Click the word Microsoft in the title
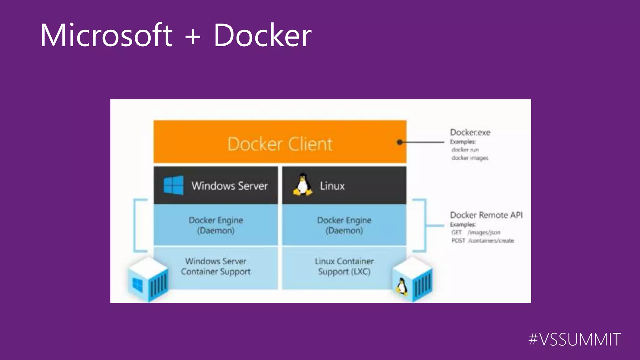click(x=106, y=35)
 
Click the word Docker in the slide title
click(x=262, y=35)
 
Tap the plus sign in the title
click(x=193, y=36)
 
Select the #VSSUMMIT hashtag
click(x=574, y=339)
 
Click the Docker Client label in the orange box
click(x=280, y=144)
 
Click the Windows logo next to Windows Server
click(x=173, y=185)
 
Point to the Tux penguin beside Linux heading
click(x=302, y=185)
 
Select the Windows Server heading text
click(x=230, y=186)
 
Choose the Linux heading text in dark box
click(x=332, y=186)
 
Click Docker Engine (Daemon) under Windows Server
click(x=216, y=225)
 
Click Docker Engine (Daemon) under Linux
click(x=344, y=225)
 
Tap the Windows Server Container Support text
click(x=216, y=266)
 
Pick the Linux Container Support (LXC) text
click(x=344, y=266)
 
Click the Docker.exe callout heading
click(x=470, y=132)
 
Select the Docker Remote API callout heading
click(x=486, y=215)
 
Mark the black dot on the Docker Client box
click(x=400, y=142)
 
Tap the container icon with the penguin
click(x=412, y=280)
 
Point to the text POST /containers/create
click(x=482, y=241)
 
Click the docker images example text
click(x=470, y=158)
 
